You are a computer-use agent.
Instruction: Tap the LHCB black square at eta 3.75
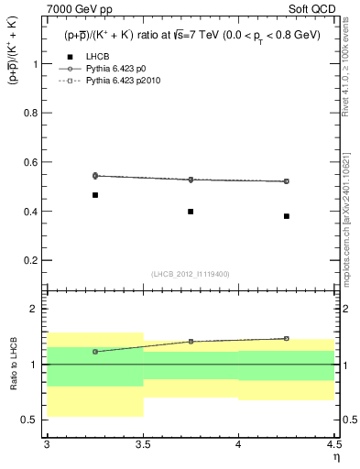click(191, 212)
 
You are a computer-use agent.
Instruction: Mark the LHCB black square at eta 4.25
click(287, 216)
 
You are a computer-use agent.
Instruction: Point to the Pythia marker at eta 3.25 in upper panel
click(94, 175)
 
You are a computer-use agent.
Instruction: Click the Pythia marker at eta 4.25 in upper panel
click(287, 181)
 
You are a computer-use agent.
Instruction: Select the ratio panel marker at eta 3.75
click(191, 342)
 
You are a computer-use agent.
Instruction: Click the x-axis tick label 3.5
click(142, 444)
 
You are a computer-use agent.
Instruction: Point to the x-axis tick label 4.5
click(333, 444)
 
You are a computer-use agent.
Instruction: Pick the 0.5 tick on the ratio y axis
click(35, 420)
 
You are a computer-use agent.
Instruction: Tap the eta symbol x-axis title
click(335, 457)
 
